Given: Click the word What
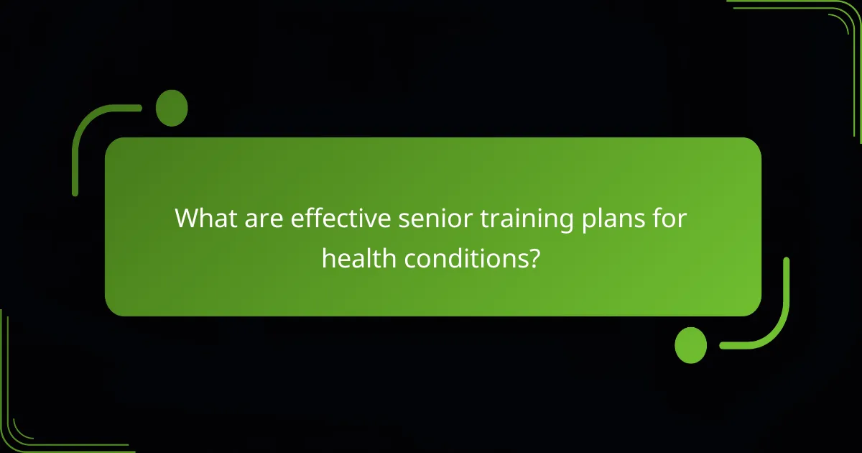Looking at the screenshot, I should click(205, 218).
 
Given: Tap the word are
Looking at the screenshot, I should click(262, 218).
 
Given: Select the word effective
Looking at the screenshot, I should click(336, 218).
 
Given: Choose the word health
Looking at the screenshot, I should click(359, 257).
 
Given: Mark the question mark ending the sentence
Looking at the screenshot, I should click(534, 257).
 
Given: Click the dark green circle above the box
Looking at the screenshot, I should click(172, 109).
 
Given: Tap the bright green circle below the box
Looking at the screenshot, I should click(691, 344).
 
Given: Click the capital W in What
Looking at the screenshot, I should click(187, 218).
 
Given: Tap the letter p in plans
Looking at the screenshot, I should click(588, 221).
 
